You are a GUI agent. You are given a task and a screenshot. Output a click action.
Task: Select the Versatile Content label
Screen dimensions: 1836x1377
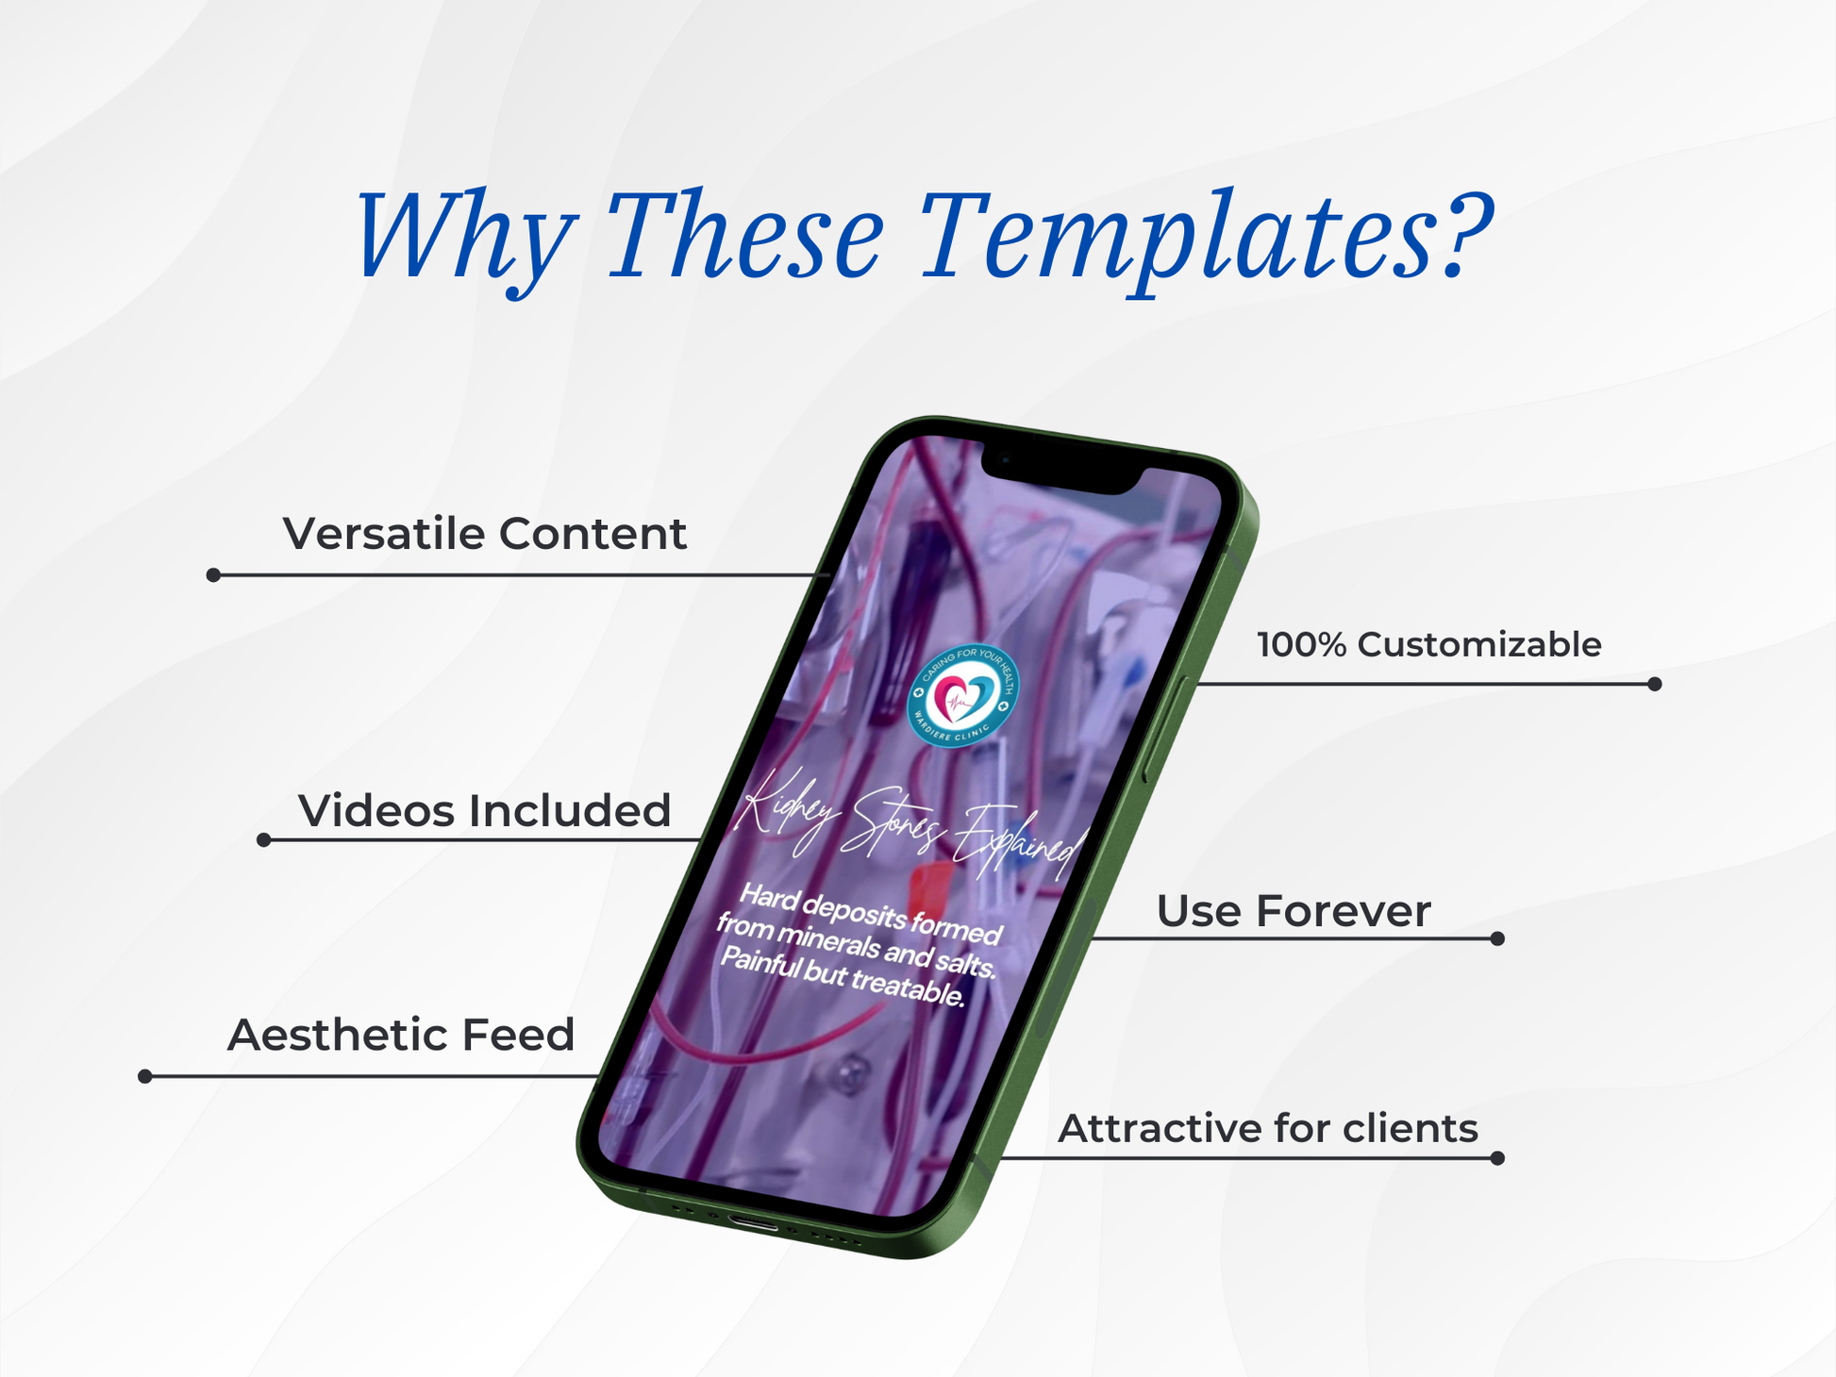point(485,534)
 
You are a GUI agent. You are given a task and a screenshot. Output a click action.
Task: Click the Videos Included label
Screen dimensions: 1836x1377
point(485,811)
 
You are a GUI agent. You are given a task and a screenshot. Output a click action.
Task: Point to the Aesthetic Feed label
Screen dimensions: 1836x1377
point(401,1035)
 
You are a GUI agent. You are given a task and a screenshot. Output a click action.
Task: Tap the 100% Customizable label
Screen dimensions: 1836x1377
point(1429,645)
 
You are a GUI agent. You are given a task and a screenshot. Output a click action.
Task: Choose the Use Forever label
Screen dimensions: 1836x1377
point(1294,911)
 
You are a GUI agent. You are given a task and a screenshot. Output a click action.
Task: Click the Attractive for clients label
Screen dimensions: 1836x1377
point(1268,1128)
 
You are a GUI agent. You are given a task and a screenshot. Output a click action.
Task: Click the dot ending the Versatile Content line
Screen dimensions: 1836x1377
point(213,574)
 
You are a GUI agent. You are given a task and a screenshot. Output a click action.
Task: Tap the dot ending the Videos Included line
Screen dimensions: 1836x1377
point(264,839)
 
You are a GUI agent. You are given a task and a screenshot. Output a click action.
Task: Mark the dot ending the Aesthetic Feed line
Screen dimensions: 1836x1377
point(145,1076)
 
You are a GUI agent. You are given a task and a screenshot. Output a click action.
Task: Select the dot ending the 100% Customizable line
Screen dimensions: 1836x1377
point(1654,684)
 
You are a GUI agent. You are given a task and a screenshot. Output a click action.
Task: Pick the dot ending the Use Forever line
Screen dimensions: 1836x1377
point(1497,938)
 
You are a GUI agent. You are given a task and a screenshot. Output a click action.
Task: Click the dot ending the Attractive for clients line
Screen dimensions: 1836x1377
point(1497,1158)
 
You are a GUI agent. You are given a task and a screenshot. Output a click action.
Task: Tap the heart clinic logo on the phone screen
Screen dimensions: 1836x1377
point(962,696)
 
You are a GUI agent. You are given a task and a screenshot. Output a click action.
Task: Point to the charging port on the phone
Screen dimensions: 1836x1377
point(753,1224)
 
